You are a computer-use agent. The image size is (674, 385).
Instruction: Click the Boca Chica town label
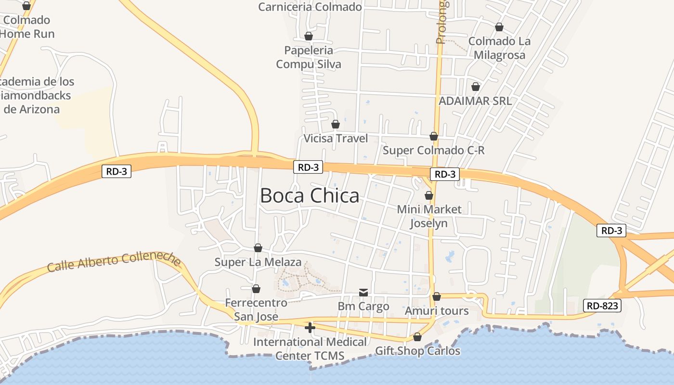coord(310,196)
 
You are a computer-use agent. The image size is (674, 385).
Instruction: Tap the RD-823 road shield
coord(602,305)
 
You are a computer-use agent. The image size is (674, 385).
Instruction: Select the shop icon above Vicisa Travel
coord(336,124)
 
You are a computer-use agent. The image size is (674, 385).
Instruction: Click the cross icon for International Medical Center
coord(310,328)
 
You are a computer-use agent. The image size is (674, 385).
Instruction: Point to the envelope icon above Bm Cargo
coord(363,292)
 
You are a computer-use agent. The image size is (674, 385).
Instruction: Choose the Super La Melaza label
coord(258,262)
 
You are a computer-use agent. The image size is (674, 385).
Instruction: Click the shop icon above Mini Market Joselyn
coord(429,195)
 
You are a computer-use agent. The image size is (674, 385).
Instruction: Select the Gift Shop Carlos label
coord(417,351)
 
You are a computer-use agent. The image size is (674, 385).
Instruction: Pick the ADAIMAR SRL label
coord(475,101)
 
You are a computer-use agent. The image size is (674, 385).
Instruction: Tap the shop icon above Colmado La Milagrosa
coord(499,27)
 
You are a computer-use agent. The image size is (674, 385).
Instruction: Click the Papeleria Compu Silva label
coord(309,57)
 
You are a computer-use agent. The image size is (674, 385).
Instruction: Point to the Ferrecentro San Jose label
coord(256,309)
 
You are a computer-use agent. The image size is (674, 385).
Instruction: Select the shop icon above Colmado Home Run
coord(27,6)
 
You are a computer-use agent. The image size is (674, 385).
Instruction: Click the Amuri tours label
coord(437,311)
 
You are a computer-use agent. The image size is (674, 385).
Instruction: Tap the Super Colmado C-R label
coord(433,150)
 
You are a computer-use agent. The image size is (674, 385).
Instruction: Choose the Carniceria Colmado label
coord(310,7)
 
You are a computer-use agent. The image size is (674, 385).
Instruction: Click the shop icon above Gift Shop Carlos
coord(417,337)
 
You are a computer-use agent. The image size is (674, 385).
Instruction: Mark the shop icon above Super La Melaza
coord(258,248)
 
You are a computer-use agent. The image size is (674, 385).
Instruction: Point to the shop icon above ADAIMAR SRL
coord(476,87)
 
